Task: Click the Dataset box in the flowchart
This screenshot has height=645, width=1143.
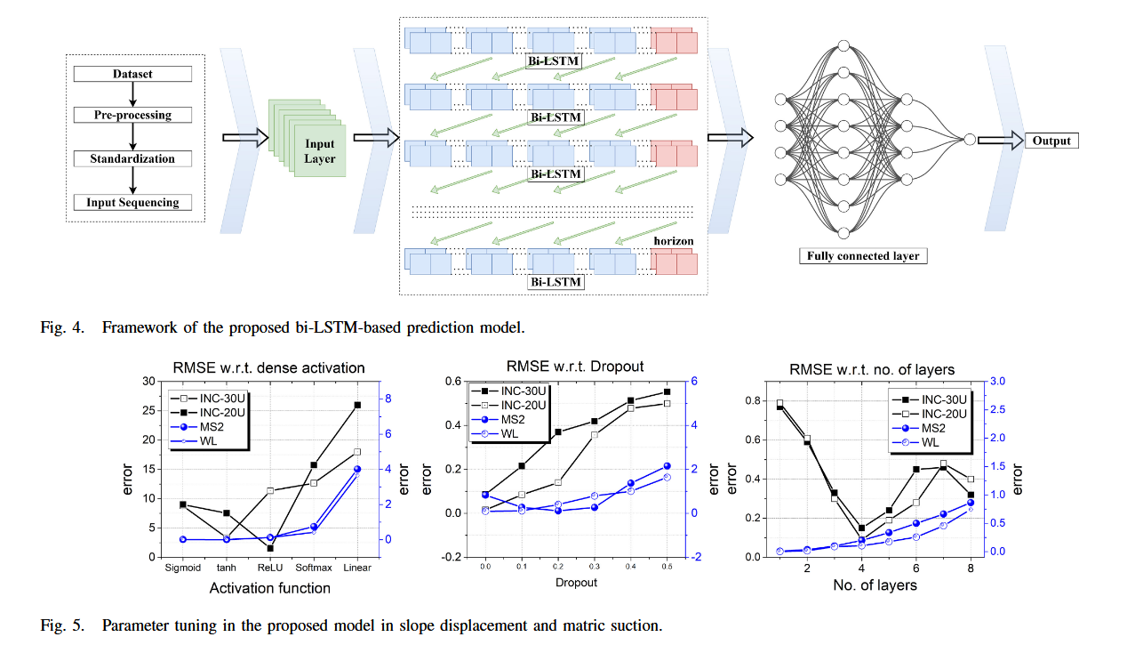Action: click(132, 74)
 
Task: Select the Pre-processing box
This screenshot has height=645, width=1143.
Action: click(132, 115)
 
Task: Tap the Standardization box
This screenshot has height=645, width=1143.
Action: click(132, 158)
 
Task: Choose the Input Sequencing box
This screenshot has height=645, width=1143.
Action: click(132, 202)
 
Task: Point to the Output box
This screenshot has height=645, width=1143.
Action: click(1052, 141)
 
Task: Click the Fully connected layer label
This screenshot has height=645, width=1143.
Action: click(862, 256)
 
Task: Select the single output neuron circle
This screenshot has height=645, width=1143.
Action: click(970, 140)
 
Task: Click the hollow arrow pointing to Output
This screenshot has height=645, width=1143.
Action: click(1000, 141)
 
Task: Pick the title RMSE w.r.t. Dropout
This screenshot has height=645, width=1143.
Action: click(574, 366)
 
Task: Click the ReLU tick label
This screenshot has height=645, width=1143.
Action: click(269, 568)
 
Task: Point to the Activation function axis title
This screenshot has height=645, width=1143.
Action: click(269, 587)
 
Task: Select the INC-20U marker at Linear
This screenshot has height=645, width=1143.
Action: click(357, 405)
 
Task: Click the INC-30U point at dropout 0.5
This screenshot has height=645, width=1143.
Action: click(667, 391)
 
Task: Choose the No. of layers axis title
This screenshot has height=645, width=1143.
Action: click(875, 585)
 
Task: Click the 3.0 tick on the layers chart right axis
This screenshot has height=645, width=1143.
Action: click(995, 381)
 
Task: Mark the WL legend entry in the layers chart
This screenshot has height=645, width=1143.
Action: click(924, 442)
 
